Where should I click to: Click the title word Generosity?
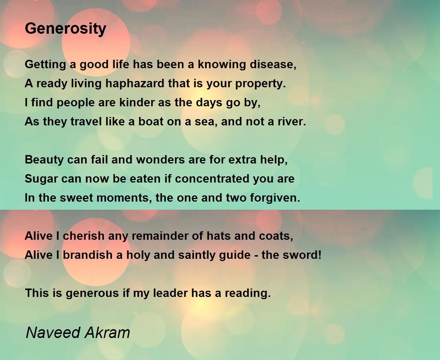[x=66, y=28]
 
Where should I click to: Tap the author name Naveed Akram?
[x=78, y=333]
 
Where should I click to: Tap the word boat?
[x=151, y=122]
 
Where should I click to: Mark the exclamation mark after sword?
[x=319, y=255]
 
